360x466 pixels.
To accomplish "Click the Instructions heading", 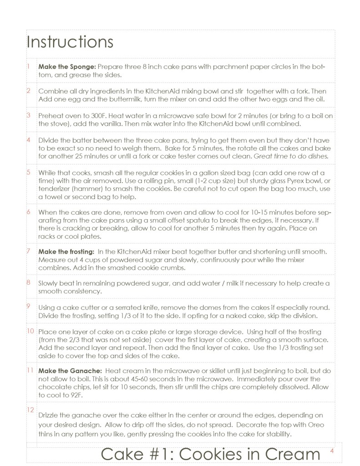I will coord(70,42).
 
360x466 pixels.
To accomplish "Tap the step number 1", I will coord(28,67).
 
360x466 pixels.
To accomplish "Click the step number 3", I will coord(28,115).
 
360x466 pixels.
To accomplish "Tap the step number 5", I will coord(28,172).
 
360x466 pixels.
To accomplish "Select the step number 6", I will coord(28,212).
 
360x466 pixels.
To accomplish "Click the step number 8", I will coord(28,283).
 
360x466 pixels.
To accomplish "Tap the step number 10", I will coord(30,331).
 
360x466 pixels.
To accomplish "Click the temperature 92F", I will coord(74,395).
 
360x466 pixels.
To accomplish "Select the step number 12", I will coord(30,410).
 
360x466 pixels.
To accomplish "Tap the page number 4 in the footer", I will coord(332,451).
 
